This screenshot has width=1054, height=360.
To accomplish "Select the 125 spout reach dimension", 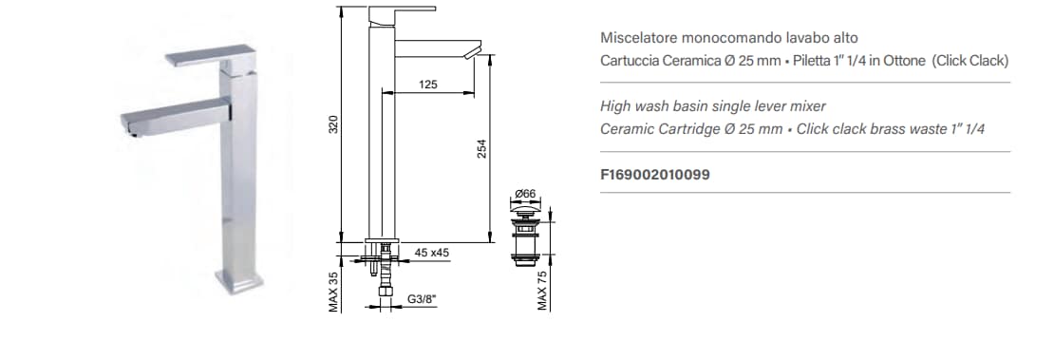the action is [x=427, y=85].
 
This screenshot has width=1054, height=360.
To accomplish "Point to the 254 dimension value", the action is [x=481, y=149].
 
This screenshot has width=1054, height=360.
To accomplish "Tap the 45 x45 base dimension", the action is [x=431, y=253].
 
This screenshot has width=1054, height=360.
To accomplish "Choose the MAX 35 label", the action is [x=333, y=292].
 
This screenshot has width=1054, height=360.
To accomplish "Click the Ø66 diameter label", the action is [x=525, y=195].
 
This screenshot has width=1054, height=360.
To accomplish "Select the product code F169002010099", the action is [x=655, y=175].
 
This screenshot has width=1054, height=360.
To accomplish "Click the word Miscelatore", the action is [x=634, y=38].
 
